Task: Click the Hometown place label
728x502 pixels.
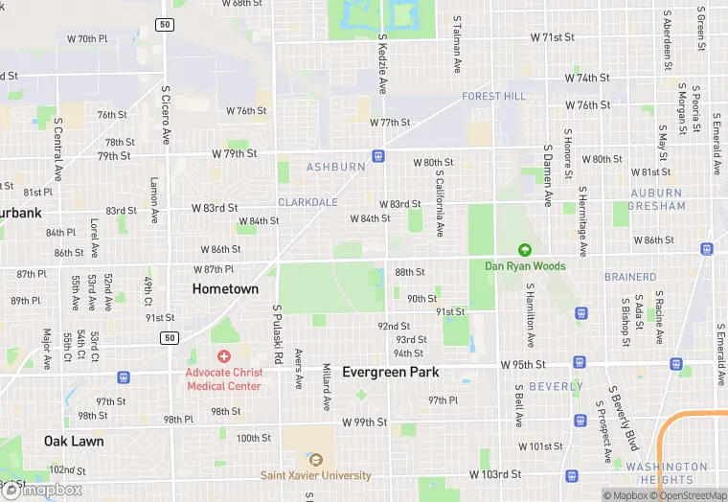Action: click(x=225, y=288)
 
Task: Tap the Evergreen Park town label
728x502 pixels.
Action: click(x=391, y=372)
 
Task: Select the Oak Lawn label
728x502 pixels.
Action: click(x=73, y=442)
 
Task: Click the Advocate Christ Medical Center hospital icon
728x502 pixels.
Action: click(x=223, y=356)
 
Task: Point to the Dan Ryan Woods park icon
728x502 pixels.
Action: click(x=525, y=250)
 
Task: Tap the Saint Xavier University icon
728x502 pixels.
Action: click(x=315, y=460)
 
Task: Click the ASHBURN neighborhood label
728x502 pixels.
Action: click(x=335, y=167)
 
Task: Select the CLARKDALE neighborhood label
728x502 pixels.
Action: click(x=307, y=202)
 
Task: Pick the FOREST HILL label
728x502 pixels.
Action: click(x=493, y=97)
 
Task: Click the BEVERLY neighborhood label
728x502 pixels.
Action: click(x=556, y=387)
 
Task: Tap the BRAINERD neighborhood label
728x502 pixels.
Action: click(x=630, y=277)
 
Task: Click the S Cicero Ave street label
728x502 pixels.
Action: click(x=166, y=115)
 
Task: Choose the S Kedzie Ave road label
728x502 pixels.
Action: click(x=382, y=64)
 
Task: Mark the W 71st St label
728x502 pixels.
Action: click(x=553, y=37)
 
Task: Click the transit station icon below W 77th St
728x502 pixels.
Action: click(x=379, y=155)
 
